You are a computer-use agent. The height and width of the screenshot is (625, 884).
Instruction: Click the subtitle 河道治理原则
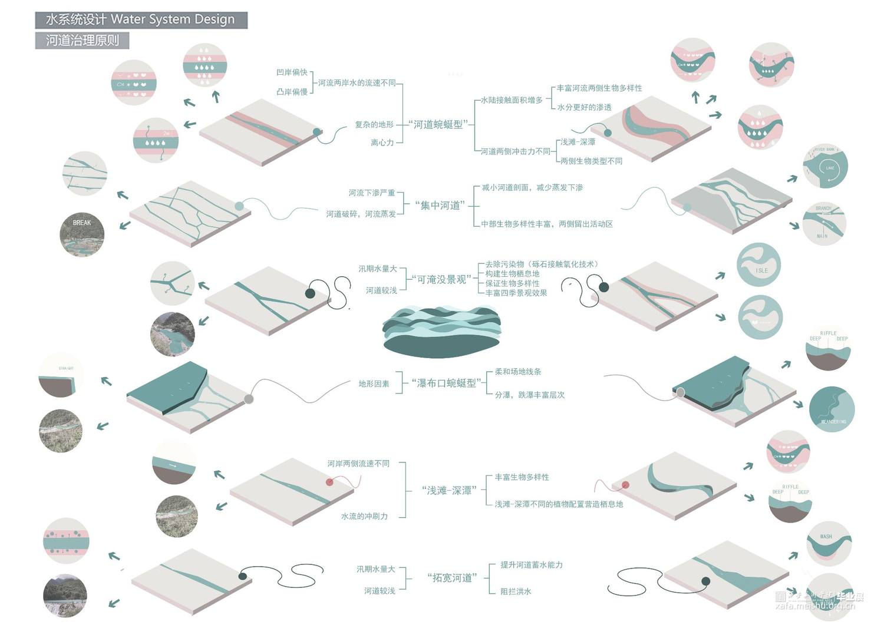click(82, 40)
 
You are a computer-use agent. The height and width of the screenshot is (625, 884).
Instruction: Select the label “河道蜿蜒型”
click(439, 124)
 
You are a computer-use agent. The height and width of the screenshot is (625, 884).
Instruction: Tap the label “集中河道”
click(440, 206)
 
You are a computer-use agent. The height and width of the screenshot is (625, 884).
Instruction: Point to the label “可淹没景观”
click(441, 279)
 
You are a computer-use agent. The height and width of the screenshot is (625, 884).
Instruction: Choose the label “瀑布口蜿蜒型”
click(446, 383)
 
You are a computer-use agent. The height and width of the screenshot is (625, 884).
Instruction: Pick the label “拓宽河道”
click(452, 578)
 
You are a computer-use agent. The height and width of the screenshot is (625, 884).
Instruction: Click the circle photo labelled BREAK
click(82, 234)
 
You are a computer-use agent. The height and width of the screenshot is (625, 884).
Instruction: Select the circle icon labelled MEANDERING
click(832, 408)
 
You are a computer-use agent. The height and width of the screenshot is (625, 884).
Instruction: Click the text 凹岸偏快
click(292, 72)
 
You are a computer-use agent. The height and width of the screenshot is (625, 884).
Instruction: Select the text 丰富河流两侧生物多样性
click(599, 88)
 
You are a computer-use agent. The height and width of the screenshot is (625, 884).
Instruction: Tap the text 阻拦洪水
click(516, 591)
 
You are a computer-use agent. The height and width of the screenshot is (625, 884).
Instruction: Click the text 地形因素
click(374, 383)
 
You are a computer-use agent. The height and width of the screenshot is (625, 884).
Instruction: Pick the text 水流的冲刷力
click(364, 516)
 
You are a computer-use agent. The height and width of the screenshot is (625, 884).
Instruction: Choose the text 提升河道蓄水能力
click(532, 564)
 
